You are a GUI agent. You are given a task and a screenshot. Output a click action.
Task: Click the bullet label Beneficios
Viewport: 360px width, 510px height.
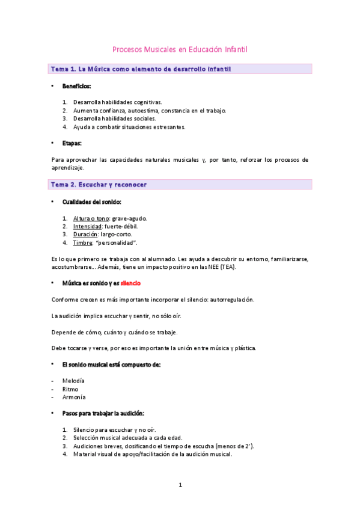tap(76, 87)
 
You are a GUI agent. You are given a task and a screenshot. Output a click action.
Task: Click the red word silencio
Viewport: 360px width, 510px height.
tap(130, 283)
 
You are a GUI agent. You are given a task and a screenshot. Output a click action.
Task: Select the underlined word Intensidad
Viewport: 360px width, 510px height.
tap(87, 226)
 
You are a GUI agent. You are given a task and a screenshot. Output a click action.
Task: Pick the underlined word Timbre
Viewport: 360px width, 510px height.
tap(84, 242)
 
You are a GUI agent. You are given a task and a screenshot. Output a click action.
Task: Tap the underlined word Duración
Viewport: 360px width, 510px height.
tap(85, 234)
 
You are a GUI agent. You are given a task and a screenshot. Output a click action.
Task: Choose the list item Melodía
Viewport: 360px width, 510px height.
tap(73, 381)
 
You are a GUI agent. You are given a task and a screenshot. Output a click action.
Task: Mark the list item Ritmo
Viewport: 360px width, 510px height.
tap(70, 389)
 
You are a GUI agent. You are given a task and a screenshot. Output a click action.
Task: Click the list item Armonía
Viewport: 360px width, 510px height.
tap(74, 397)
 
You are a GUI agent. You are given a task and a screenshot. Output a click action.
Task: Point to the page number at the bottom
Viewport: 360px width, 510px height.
tap(180, 485)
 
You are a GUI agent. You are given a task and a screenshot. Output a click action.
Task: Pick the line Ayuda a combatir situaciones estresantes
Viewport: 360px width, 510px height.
tap(129, 127)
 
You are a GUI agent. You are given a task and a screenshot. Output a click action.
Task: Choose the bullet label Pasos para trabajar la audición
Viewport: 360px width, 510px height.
tap(103, 414)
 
